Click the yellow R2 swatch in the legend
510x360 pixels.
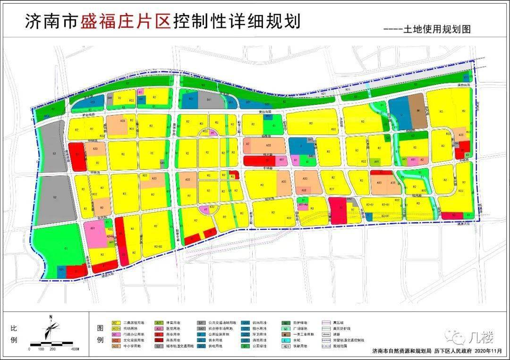(x=115, y=322)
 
